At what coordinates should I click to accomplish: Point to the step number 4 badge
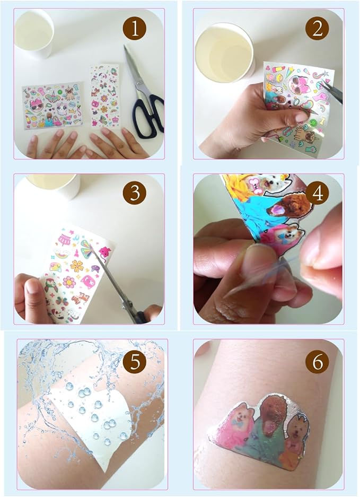click(x=317, y=193)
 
